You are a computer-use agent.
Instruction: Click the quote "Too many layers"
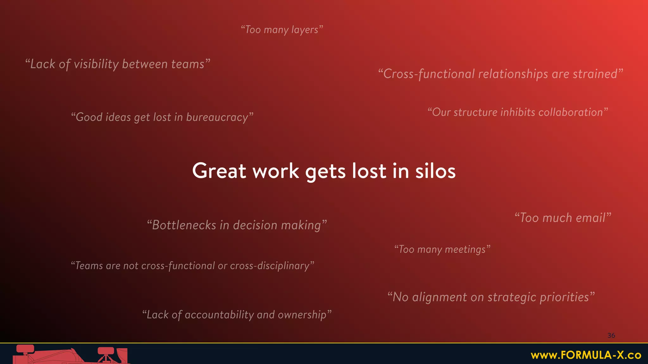[x=282, y=30]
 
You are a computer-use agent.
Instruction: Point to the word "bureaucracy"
[x=217, y=117]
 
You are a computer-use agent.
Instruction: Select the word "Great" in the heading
[x=219, y=171]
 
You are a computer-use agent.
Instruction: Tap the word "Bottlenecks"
[x=184, y=225]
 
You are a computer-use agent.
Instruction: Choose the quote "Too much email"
[x=563, y=218]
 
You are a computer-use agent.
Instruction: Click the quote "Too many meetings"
[x=442, y=249]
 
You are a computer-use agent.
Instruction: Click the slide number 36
[x=611, y=336]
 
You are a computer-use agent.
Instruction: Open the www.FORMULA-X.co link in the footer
[x=586, y=355]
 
